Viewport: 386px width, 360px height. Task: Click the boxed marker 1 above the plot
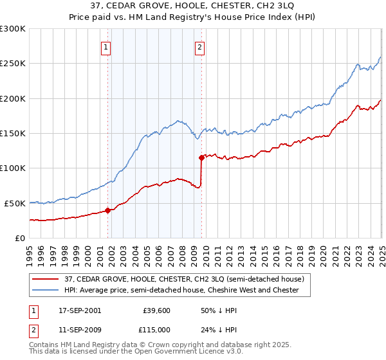pyautogui.click(x=105, y=46)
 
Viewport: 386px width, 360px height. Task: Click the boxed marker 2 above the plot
pyautogui.click(x=200, y=46)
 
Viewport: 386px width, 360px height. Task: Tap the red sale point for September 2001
pyautogui.click(x=107, y=210)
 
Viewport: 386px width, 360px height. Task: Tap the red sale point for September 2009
pyautogui.click(x=201, y=157)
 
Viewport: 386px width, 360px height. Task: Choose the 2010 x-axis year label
pyautogui.click(x=205, y=251)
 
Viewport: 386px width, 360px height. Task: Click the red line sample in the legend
pyautogui.click(x=46, y=279)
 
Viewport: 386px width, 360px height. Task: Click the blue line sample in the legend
pyautogui.click(x=46, y=291)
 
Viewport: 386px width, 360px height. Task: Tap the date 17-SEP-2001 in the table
pyautogui.click(x=80, y=310)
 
